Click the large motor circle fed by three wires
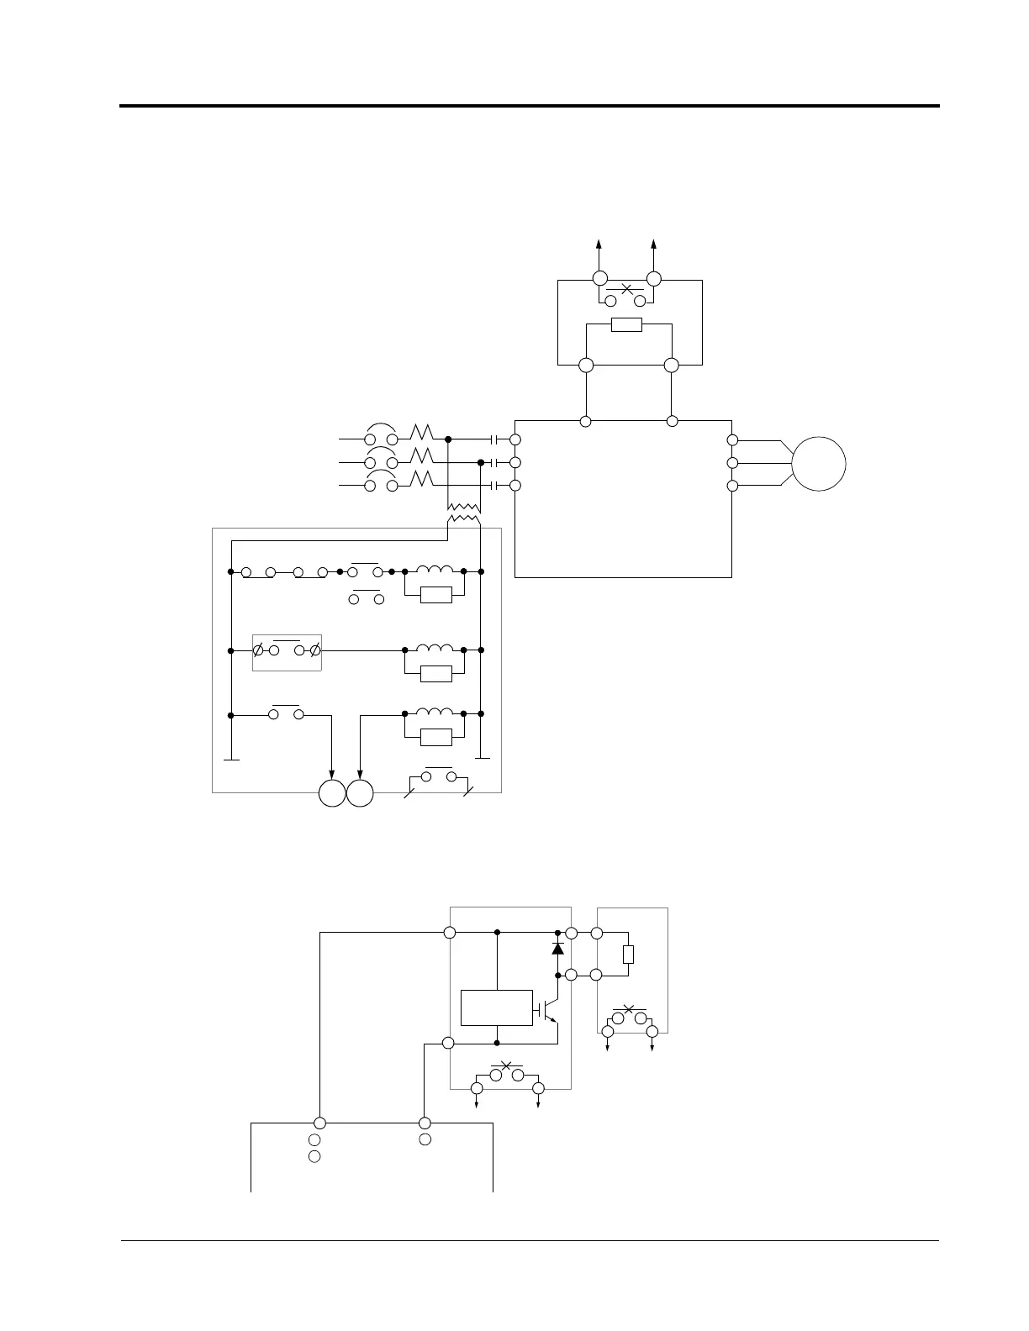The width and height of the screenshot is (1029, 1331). [x=819, y=464]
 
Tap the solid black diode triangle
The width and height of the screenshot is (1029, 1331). [x=557, y=948]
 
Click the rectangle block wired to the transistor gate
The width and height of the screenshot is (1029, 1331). [x=497, y=1007]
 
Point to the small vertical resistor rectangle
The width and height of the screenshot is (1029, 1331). [x=628, y=955]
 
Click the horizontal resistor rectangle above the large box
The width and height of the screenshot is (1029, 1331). [x=626, y=325]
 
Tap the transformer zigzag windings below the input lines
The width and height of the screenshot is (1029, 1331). [x=463, y=513]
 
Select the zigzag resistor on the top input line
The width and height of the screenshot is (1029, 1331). [x=421, y=433]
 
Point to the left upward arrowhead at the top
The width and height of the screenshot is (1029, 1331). [x=599, y=245]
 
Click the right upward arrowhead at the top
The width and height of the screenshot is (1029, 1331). [x=654, y=245]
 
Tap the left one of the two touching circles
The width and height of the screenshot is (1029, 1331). [x=332, y=793]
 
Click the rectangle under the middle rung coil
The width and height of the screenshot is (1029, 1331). [x=436, y=673]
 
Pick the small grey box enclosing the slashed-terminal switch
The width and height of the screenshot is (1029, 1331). [x=287, y=652]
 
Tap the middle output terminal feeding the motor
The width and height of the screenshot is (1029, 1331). [x=732, y=463]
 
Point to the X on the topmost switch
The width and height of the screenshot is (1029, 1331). [x=626, y=289]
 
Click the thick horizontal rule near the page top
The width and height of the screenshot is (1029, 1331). [x=529, y=106]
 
